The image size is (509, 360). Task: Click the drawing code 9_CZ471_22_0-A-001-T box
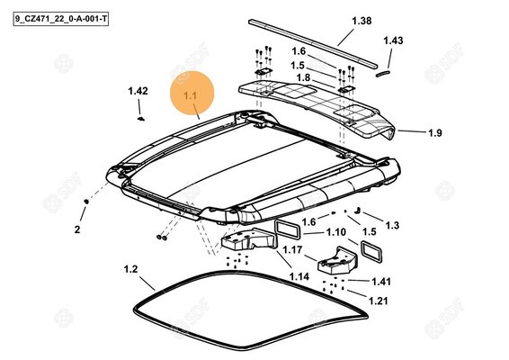[x=61, y=19]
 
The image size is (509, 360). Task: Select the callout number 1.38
[x=362, y=21]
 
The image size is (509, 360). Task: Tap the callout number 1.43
[x=393, y=40]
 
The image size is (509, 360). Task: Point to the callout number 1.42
[x=138, y=91]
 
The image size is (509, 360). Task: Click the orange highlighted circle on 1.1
[x=192, y=93]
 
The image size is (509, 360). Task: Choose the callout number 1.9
[x=435, y=133]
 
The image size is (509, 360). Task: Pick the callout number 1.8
[x=303, y=78]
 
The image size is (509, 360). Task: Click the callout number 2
[x=77, y=229]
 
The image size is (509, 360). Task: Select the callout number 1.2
[x=130, y=269]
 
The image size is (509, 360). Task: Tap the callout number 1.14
[x=299, y=276]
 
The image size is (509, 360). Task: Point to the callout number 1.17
[x=292, y=250]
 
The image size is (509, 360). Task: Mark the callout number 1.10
[x=336, y=232]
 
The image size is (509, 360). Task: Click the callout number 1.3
[x=392, y=225]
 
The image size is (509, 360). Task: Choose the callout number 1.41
[x=381, y=282]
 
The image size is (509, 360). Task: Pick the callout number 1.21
[x=379, y=301]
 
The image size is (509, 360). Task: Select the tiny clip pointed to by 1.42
[x=141, y=119]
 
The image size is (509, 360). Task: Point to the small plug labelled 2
[x=86, y=202]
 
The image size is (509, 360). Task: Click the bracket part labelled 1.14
[x=248, y=239]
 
